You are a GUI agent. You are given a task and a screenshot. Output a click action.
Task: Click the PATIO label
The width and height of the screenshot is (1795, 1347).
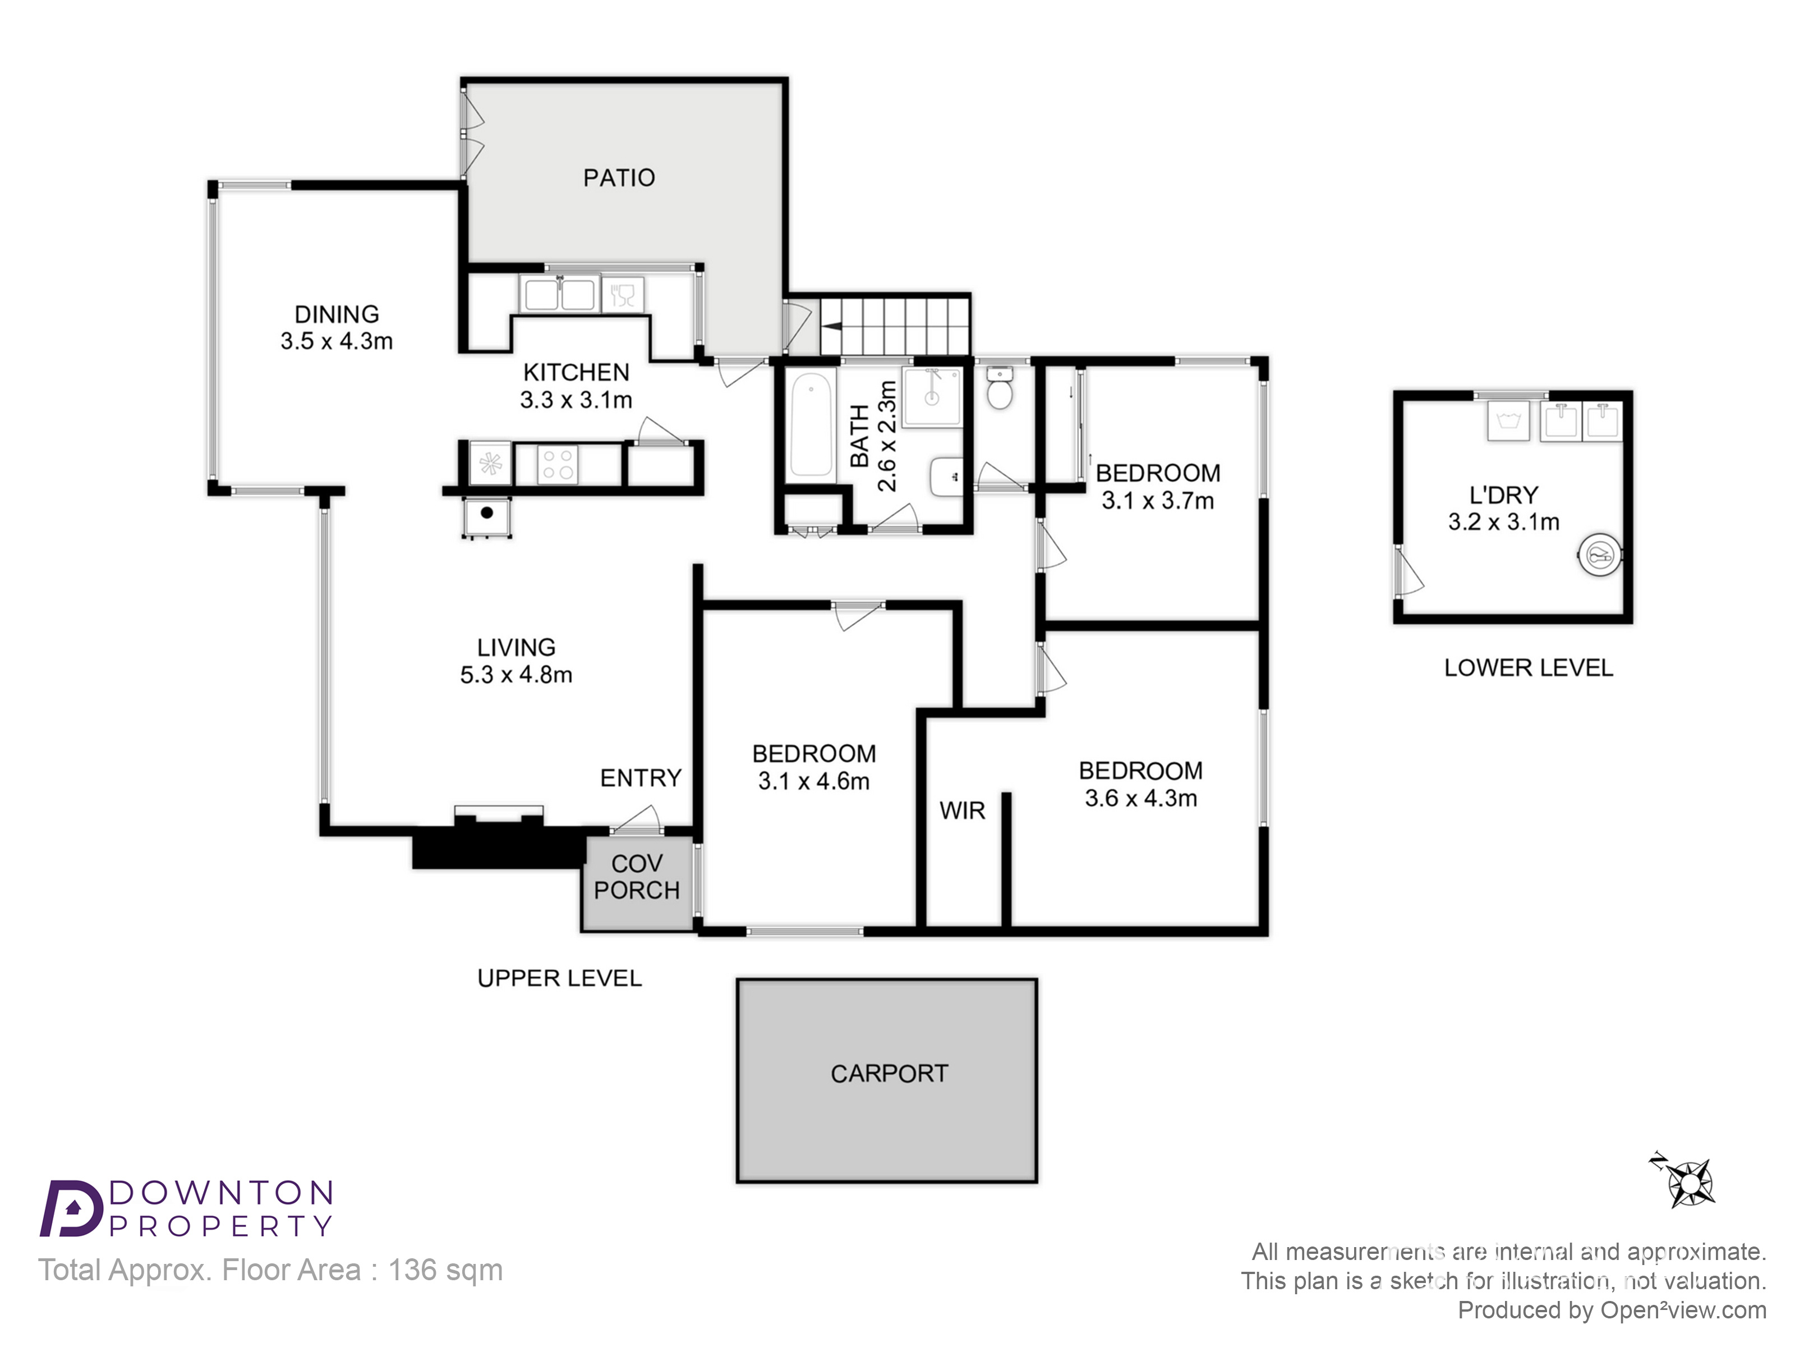[619, 178]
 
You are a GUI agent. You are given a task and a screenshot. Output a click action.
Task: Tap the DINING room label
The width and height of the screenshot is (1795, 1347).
[337, 314]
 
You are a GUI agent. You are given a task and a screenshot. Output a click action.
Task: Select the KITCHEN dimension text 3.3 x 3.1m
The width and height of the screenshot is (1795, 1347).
[576, 400]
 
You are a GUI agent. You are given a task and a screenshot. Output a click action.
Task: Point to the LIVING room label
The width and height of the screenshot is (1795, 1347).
[516, 647]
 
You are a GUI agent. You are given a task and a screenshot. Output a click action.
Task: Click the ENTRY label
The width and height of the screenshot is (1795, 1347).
[640, 778]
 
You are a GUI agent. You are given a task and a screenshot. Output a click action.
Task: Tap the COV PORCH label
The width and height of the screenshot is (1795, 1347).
[637, 877]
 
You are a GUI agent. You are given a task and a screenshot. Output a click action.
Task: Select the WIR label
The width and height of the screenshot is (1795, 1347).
[963, 810]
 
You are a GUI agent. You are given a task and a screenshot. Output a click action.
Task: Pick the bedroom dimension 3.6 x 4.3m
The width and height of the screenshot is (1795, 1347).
[1141, 798]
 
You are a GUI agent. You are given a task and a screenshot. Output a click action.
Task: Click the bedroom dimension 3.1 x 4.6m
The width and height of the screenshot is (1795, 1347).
[814, 781]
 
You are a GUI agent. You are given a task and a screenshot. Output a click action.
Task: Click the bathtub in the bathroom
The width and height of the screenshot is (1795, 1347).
[812, 424]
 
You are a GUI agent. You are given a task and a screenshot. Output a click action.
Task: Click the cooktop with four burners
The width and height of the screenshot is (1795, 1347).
[558, 464]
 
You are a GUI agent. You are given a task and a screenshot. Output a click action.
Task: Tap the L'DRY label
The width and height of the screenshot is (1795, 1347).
[1504, 494]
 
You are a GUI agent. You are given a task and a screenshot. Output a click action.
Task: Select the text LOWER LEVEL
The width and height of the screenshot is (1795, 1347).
[1528, 668]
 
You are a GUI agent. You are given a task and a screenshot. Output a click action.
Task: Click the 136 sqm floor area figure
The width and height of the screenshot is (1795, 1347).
[445, 1270]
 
